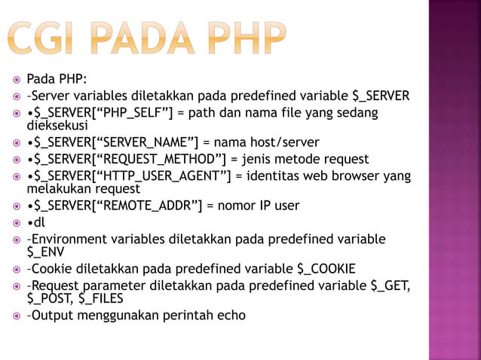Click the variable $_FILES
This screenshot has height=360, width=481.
click(x=103, y=298)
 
